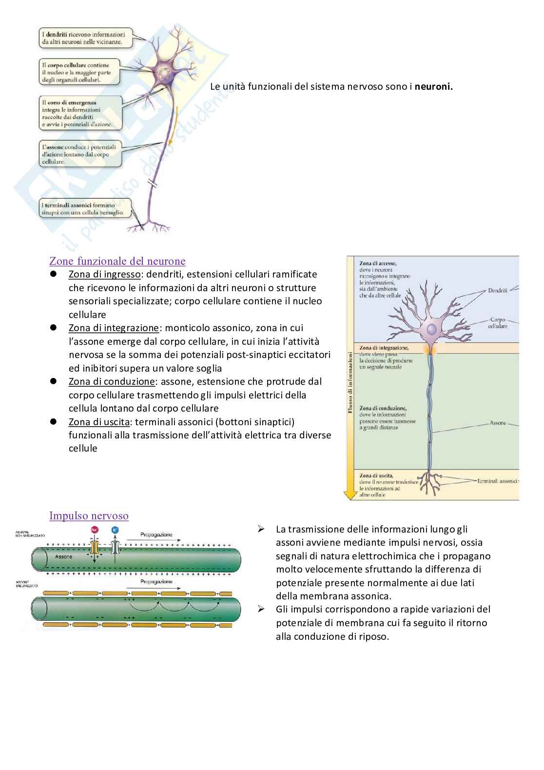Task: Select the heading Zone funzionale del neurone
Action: point(117,261)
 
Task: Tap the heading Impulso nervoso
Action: point(89,516)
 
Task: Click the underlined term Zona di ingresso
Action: point(104,275)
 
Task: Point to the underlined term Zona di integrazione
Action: point(114,328)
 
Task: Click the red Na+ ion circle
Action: point(95,530)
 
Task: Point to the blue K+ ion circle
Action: point(115,530)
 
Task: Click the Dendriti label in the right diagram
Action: point(497,291)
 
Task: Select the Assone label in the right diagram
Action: point(498,423)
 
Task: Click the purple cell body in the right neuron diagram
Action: point(431,330)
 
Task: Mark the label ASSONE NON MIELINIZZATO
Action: point(29,534)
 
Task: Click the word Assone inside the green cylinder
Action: point(64,556)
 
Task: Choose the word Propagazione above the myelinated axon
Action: point(156,582)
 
